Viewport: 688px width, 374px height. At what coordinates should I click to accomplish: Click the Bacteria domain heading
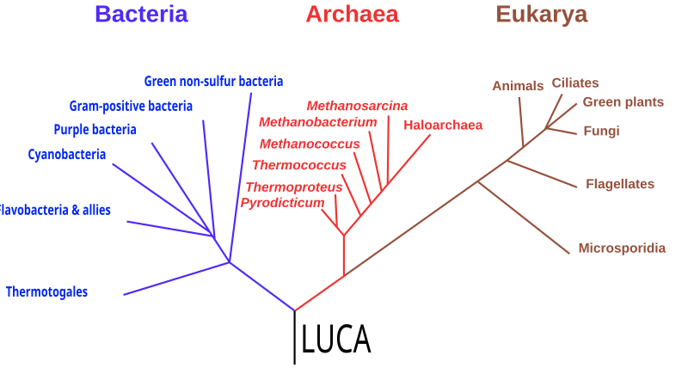pos(141,14)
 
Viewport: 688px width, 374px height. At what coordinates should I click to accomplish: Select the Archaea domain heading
pos(353,14)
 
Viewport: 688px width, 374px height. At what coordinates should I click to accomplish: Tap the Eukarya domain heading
pos(542,15)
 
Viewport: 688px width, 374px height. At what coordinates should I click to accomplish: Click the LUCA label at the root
pos(336,339)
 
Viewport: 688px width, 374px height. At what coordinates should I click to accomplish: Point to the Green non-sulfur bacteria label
pos(213,81)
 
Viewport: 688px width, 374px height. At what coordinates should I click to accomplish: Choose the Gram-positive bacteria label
pos(131,106)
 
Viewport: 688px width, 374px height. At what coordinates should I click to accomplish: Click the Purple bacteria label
pos(95,130)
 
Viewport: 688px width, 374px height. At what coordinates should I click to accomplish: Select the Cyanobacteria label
pos(67,155)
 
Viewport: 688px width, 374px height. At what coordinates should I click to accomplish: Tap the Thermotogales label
pos(46,292)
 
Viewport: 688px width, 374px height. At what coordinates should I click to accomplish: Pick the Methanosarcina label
pos(357,106)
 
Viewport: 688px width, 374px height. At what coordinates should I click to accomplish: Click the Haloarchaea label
pos(443,125)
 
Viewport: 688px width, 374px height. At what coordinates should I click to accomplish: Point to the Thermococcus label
pos(299,165)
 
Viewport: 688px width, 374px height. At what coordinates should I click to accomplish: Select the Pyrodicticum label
pos(282,203)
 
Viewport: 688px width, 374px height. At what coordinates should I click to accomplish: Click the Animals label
pos(518,86)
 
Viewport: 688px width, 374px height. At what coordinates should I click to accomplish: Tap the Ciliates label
pos(575,83)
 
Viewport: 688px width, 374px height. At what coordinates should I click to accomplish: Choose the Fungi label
pos(601,131)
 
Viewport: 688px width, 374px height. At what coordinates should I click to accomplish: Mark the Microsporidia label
pos(622,248)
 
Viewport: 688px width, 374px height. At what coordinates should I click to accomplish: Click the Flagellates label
pos(620,184)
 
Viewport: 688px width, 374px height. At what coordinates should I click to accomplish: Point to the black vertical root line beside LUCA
pos(294,337)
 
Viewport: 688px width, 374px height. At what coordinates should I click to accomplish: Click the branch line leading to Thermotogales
pos(176,279)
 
